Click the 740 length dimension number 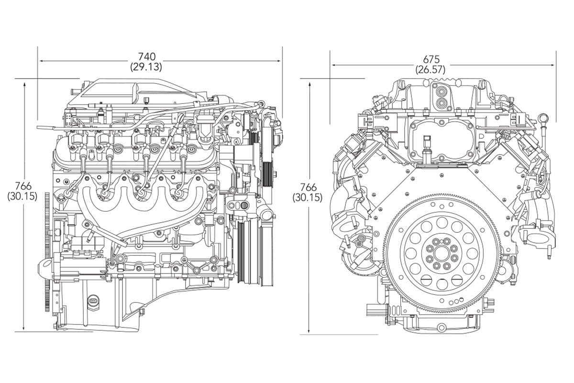pyautogui.click(x=147, y=56)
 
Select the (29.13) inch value pyautogui.click(x=146, y=67)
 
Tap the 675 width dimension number pyautogui.click(x=431, y=59)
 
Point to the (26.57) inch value pyautogui.click(x=430, y=70)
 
